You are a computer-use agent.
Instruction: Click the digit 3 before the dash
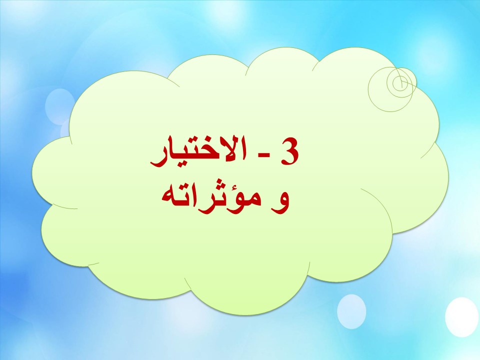pyautogui.click(x=289, y=150)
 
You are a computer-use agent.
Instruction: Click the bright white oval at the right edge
pyautogui.click(x=461, y=317)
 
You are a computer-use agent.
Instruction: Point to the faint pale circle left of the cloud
pyautogui.click(x=59, y=106)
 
